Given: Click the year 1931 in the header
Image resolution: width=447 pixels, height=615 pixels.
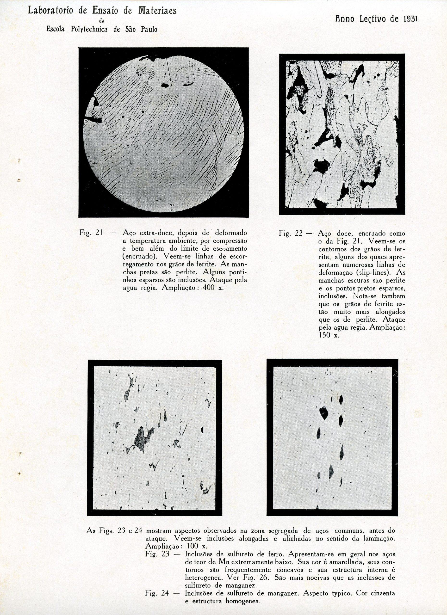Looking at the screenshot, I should pyautogui.click(x=410, y=19).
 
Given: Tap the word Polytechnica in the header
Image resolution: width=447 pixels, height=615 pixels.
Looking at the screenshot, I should pyautogui.click(x=89, y=29).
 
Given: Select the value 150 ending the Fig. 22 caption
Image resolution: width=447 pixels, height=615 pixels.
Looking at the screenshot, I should pyautogui.click(x=325, y=335).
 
